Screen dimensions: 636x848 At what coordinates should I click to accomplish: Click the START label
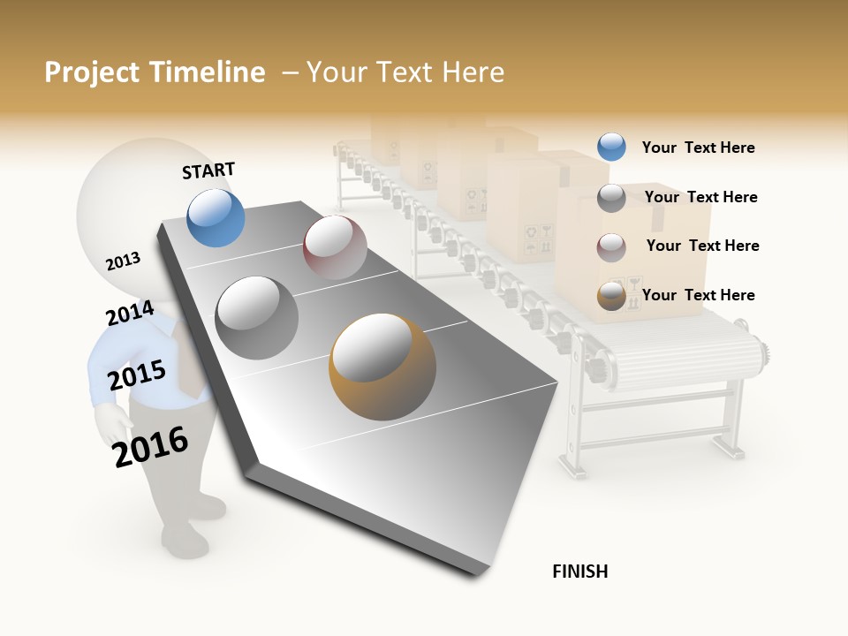click(x=208, y=170)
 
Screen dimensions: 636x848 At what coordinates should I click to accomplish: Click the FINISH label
click(x=579, y=572)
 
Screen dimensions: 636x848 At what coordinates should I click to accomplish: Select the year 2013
click(x=123, y=261)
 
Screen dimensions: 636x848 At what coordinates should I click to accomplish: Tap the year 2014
click(x=130, y=314)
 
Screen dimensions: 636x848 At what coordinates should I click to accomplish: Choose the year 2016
click(x=151, y=446)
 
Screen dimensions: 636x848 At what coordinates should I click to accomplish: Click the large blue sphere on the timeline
click(x=216, y=217)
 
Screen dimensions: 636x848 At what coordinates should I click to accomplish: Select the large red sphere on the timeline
click(x=335, y=247)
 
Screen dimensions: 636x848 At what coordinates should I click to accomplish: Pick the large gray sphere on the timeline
click(x=257, y=317)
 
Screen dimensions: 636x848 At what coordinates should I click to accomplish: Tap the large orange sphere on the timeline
click(x=382, y=367)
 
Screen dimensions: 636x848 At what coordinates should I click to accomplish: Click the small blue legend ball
click(x=611, y=147)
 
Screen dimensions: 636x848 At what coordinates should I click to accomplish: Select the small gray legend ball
click(x=611, y=197)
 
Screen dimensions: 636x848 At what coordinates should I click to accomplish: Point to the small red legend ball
click(x=611, y=246)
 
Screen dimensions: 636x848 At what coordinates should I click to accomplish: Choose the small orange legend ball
click(x=611, y=296)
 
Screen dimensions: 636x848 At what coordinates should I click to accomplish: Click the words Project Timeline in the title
click(x=155, y=72)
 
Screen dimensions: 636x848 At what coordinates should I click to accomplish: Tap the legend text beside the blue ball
click(x=698, y=148)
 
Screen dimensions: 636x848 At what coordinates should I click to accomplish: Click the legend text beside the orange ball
click(x=698, y=295)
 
